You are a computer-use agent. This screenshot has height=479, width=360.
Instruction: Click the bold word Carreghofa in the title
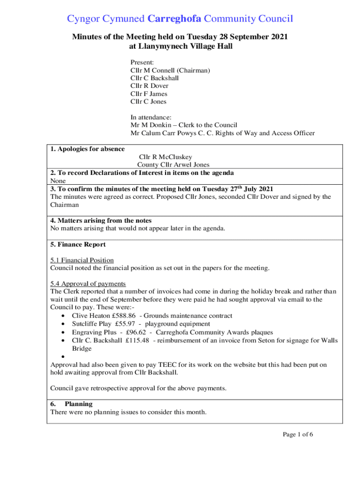(174, 19)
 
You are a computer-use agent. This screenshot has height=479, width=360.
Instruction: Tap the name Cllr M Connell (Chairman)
(170, 70)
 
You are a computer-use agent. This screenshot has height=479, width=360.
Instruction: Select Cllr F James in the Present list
(149, 94)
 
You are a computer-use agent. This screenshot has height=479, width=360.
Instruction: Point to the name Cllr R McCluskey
(166, 157)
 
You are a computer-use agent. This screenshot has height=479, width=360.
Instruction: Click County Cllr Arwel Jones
(173, 165)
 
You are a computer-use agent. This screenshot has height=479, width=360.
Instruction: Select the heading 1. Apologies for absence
(87, 149)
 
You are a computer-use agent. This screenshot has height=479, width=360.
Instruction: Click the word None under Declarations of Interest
(58, 181)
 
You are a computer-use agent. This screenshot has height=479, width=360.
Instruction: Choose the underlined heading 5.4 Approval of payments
(88, 283)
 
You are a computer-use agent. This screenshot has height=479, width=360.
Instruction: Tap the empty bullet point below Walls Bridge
(63, 357)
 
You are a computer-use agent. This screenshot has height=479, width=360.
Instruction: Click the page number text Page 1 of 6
(298, 435)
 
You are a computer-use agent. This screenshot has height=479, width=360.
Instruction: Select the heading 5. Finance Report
(78, 244)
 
